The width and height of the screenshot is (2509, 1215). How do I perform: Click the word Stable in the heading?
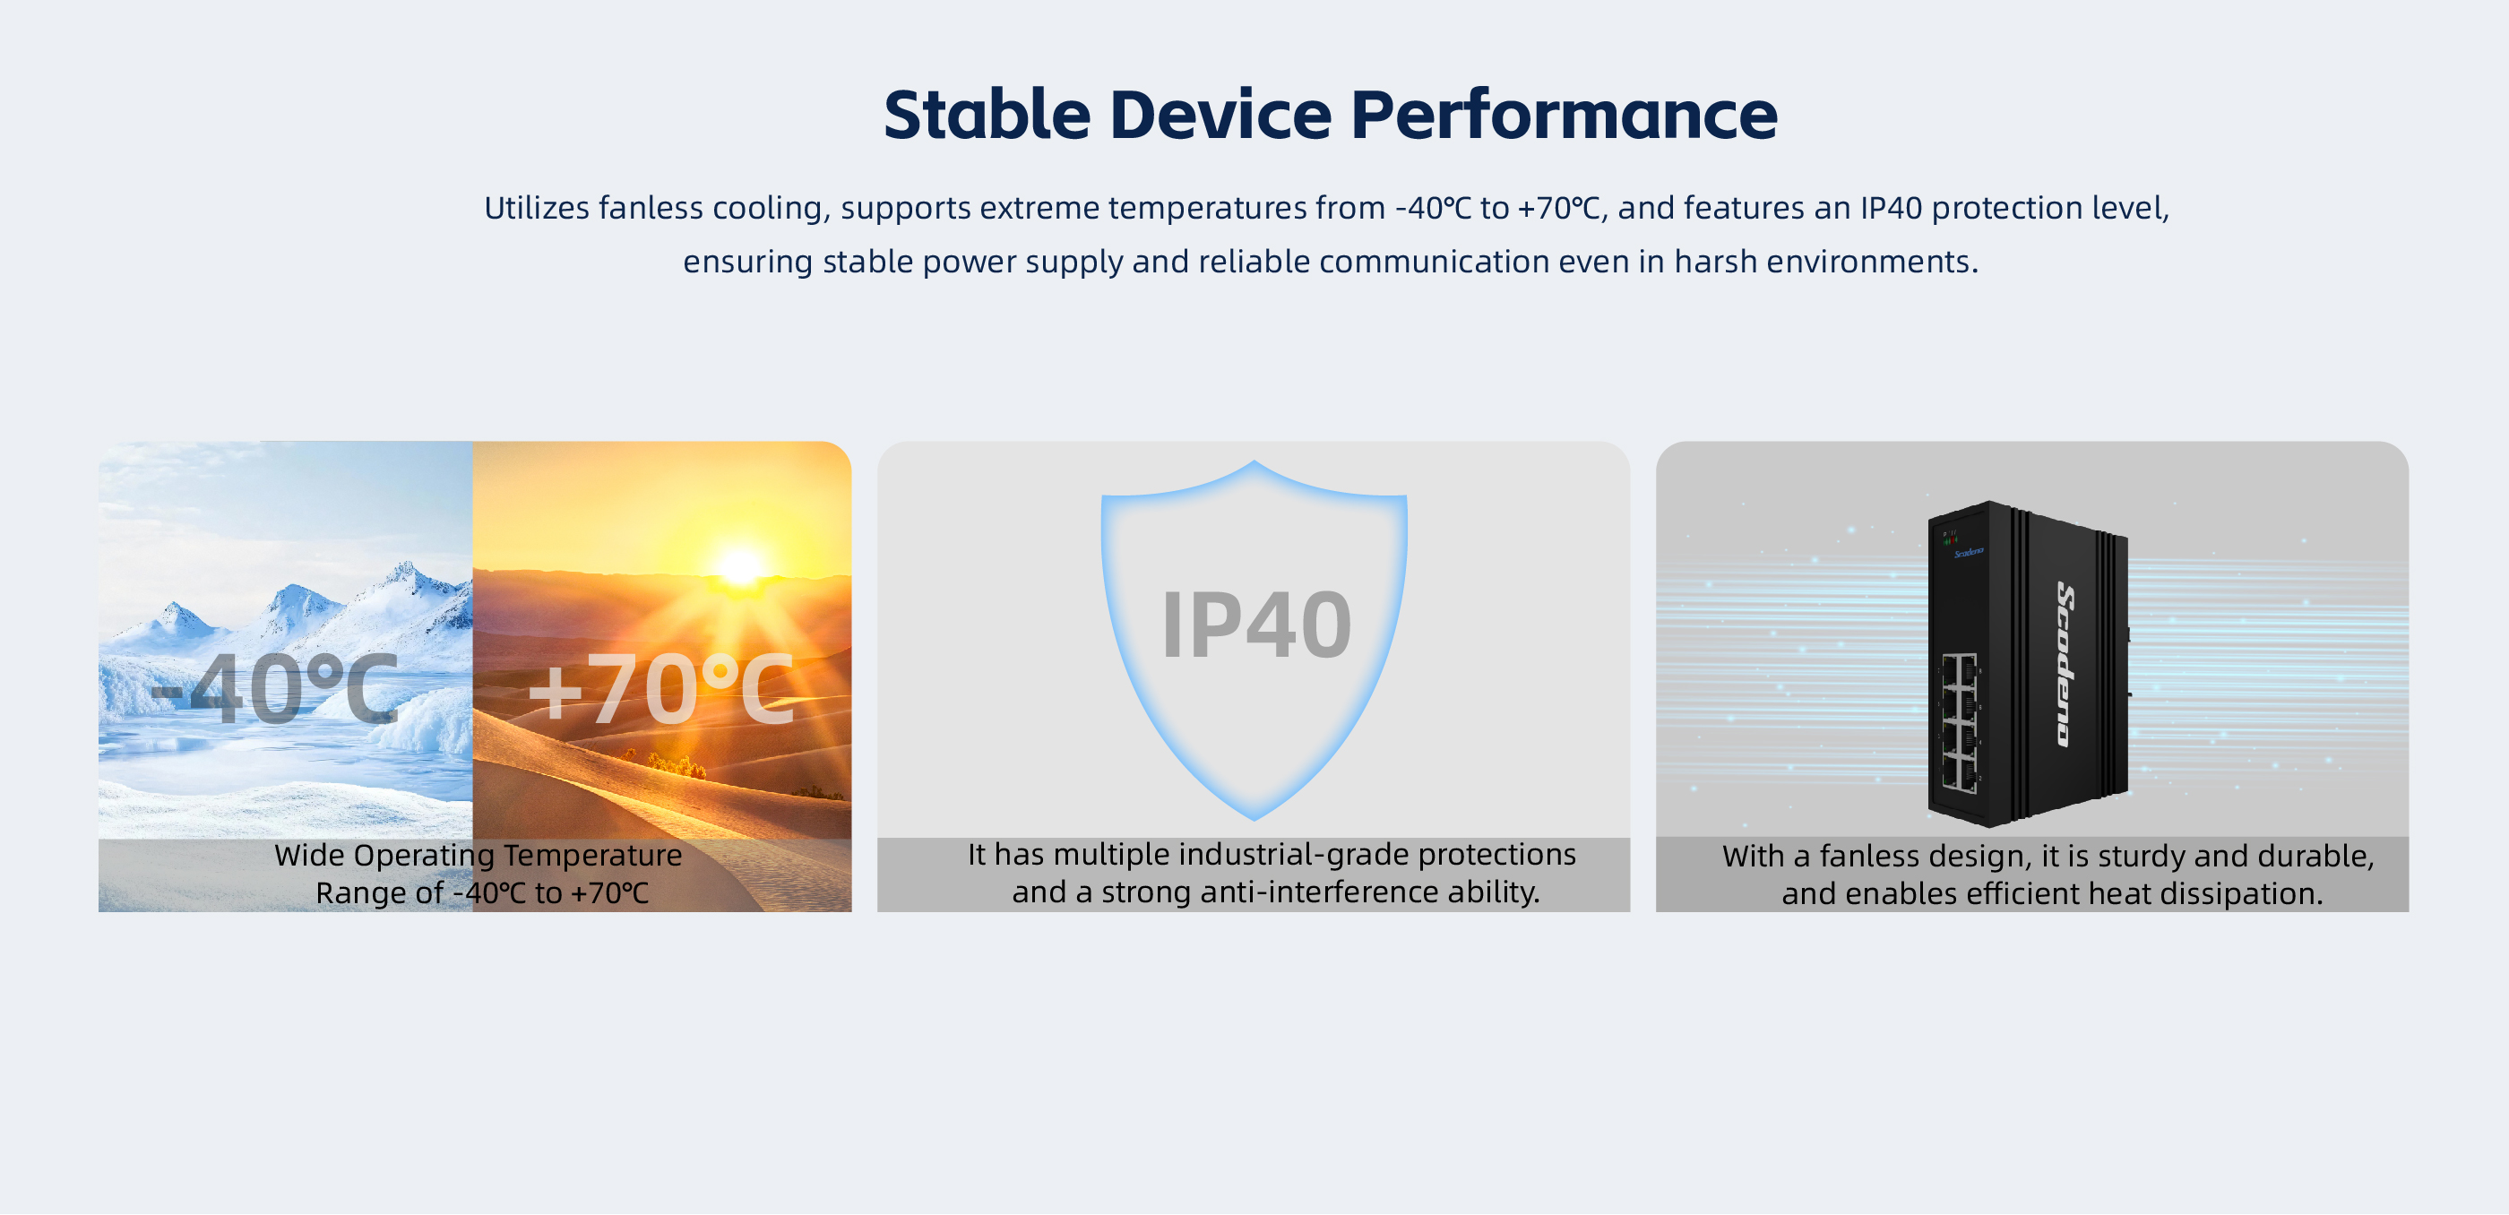(987, 115)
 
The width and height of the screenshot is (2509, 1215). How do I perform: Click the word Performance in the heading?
(1564, 115)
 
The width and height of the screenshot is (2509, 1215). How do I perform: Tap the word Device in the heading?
(1220, 115)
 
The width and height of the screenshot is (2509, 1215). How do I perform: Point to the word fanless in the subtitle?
(651, 207)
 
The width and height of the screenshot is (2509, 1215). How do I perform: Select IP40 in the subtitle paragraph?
(1891, 207)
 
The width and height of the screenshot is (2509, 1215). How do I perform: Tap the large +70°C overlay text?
(661, 689)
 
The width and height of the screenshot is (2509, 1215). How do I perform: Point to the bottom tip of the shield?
(1254, 820)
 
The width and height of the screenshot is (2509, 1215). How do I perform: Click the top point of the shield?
(1254, 462)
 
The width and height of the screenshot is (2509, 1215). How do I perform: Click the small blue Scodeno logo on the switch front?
(1969, 552)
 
